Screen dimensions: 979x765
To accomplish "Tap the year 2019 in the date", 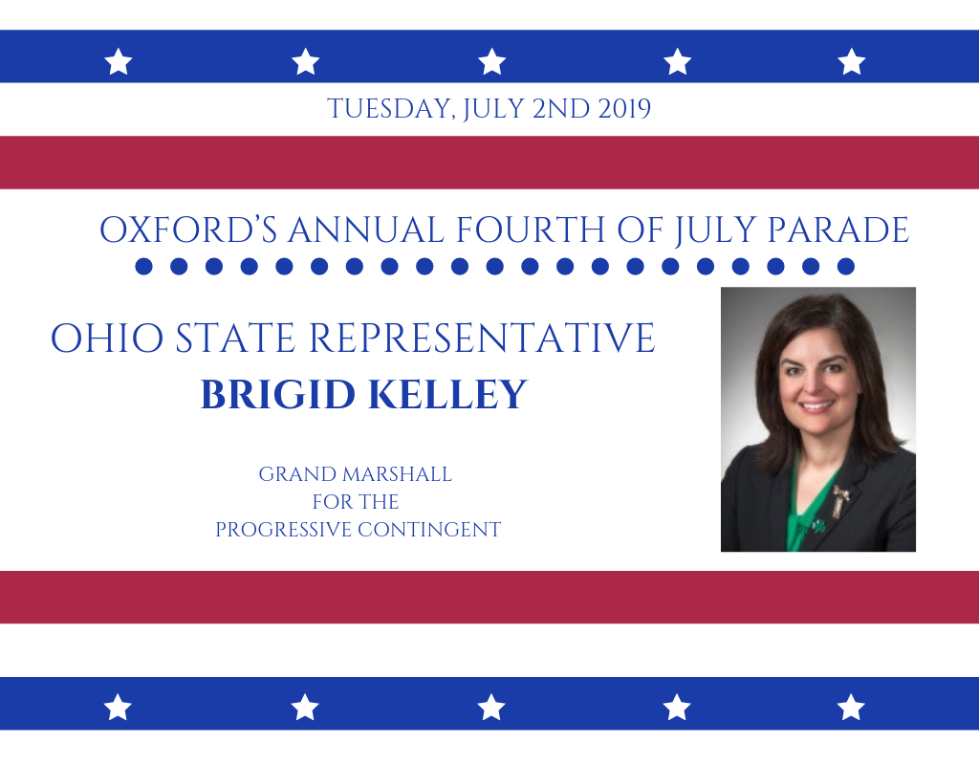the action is click(624, 109).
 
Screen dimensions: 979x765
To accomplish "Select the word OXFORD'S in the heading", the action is click(188, 229).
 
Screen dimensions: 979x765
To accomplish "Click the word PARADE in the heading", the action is click(838, 229).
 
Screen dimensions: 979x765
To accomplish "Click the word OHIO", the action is click(107, 338).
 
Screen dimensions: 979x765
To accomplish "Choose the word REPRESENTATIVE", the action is click(482, 338).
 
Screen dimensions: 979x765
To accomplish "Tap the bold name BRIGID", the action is click(278, 394).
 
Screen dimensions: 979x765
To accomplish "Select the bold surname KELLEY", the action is click(447, 394).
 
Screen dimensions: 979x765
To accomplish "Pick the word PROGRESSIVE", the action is click(283, 530).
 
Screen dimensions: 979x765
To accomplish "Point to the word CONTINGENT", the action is click(429, 530).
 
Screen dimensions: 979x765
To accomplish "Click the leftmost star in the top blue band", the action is click(119, 62).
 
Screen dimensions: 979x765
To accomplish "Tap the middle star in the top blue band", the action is click(492, 62).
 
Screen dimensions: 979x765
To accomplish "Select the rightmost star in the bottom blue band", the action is click(851, 708).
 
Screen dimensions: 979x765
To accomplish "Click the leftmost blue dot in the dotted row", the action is click(143, 266).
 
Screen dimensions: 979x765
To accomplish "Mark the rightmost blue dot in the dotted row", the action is click(845, 266).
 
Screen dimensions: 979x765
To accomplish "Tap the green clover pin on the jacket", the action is click(818, 526).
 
